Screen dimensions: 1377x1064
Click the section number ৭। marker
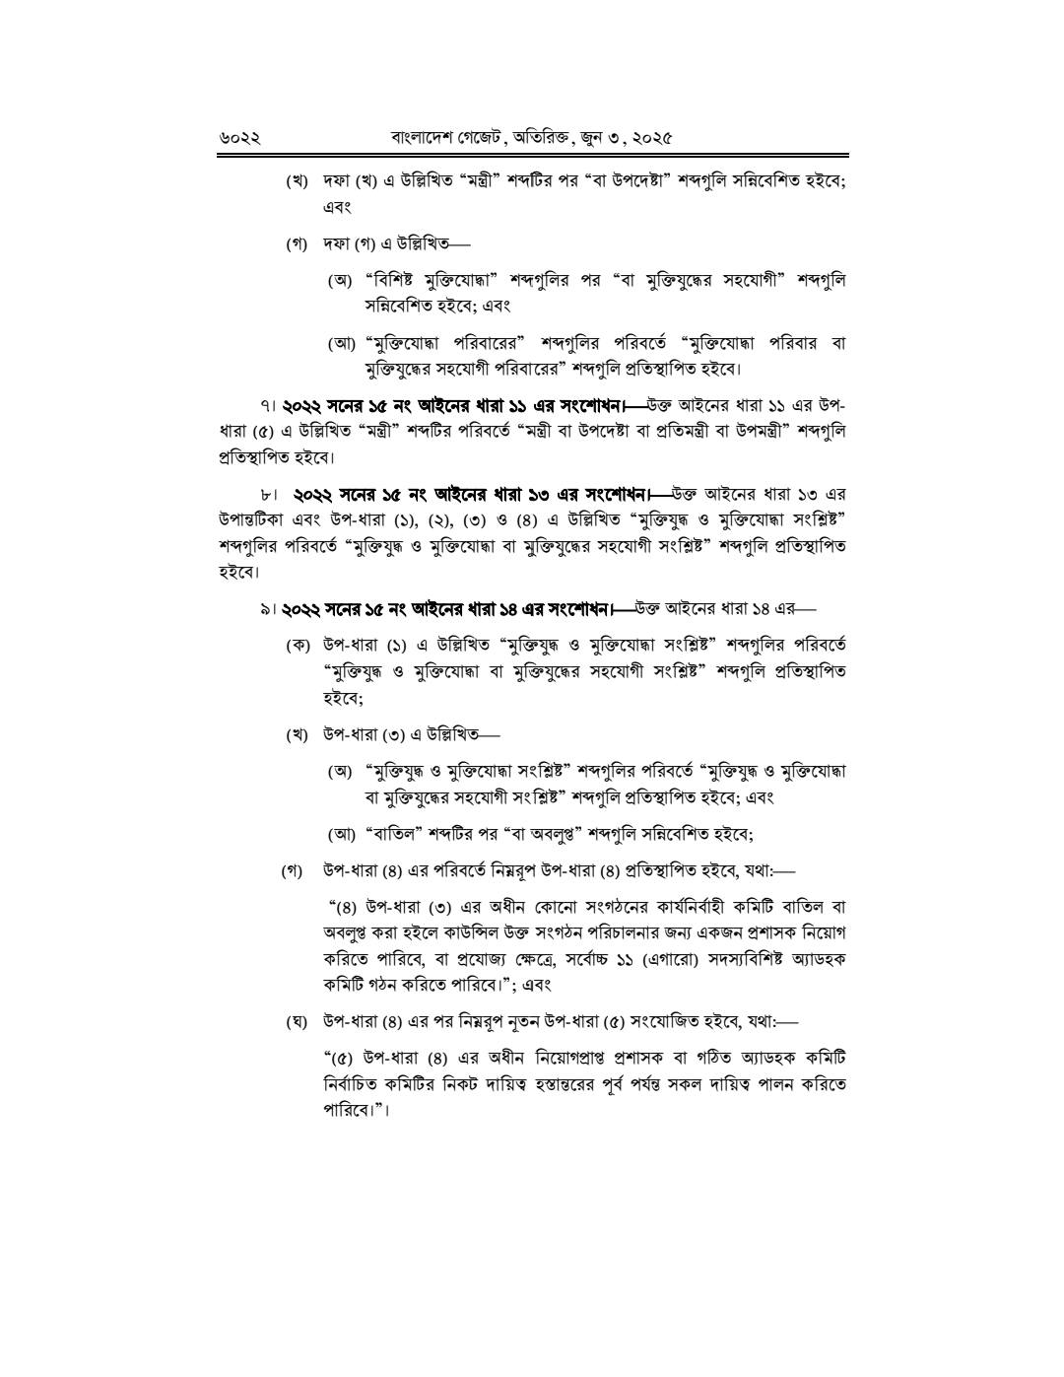click(x=268, y=406)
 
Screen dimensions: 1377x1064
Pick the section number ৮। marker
click(x=269, y=493)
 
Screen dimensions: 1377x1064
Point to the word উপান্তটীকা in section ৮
click(x=252, y=519)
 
